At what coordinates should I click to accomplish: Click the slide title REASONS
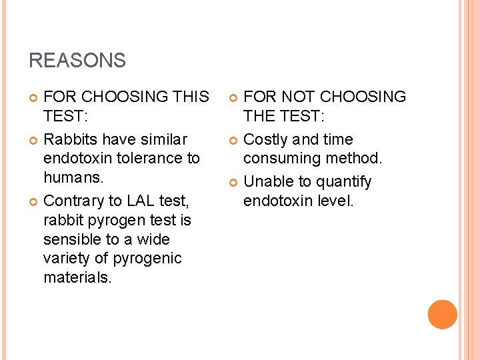(77, 61)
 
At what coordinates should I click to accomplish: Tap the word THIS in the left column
(190, 97)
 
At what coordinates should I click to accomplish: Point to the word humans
(73, 177)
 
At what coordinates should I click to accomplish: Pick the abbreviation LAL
(142, 201)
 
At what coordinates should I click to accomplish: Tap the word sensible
(73, 239)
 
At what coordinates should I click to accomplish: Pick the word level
(335, 201)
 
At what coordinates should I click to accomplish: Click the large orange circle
(442, 315)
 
